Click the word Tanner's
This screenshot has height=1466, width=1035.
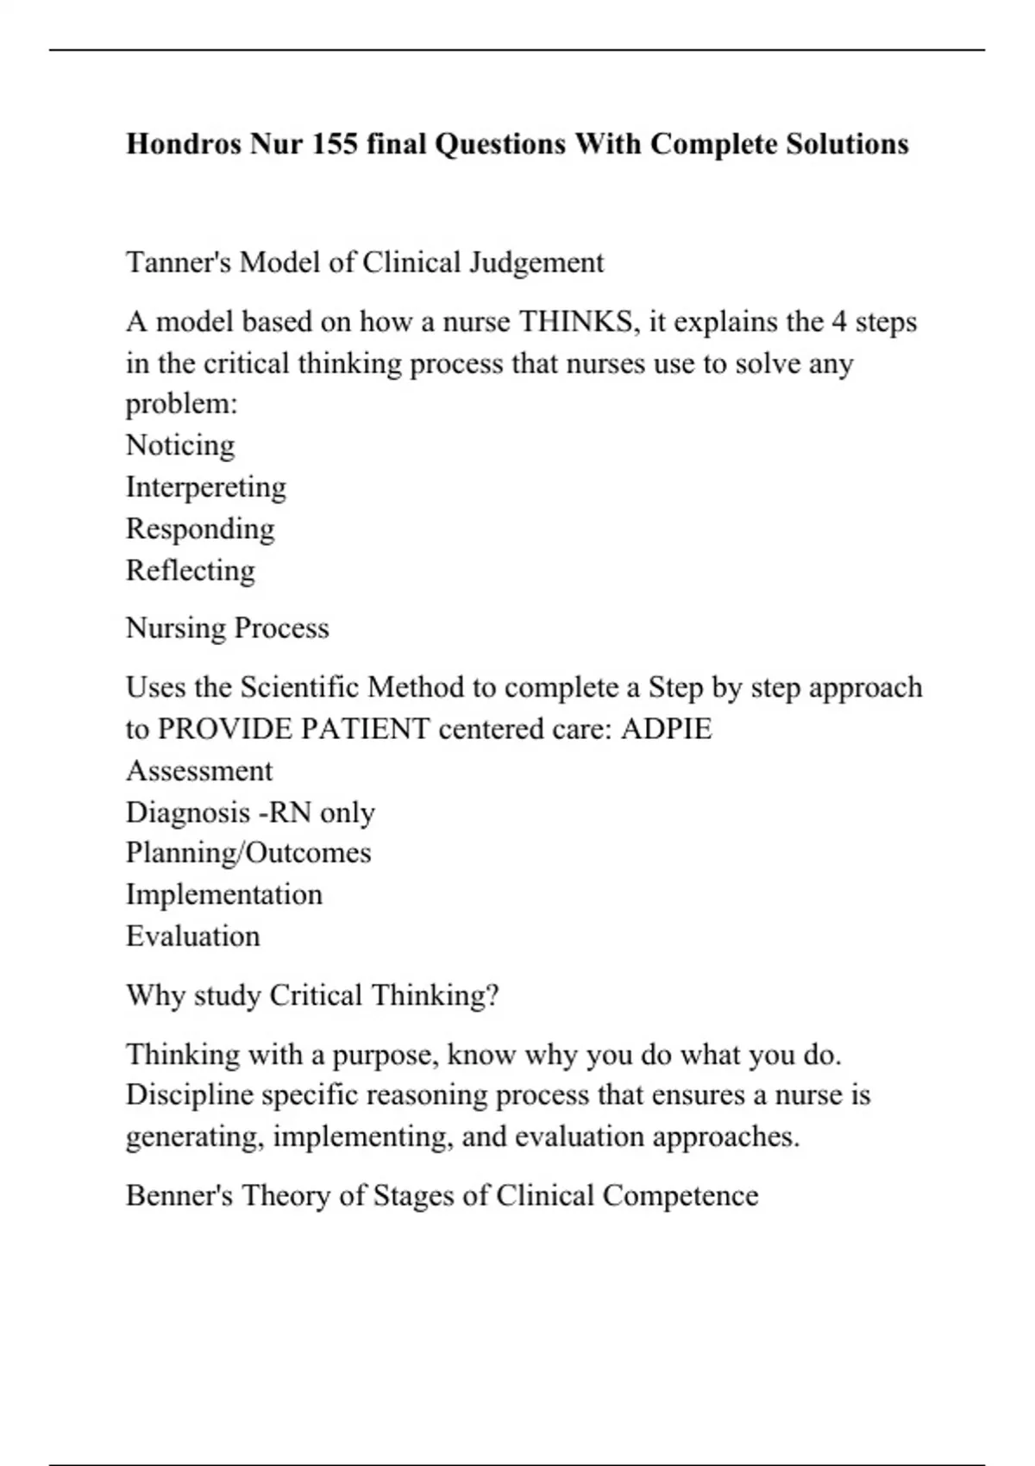[179, 262]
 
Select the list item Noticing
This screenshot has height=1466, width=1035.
[180, 446]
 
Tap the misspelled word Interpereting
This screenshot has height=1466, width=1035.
[206, 487]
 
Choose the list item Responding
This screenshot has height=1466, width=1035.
[200, 529]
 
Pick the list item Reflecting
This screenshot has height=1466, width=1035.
[191, 570]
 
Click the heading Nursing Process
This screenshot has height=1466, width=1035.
[228, 628]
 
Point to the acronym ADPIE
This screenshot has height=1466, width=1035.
[667, 730]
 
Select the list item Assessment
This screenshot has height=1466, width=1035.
[199, 771]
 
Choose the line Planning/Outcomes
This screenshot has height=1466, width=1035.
[248, 853]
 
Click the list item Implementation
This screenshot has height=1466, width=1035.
[224, 894]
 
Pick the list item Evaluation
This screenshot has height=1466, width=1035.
[193, 937]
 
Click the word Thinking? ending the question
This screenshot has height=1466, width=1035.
[435, 995]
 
